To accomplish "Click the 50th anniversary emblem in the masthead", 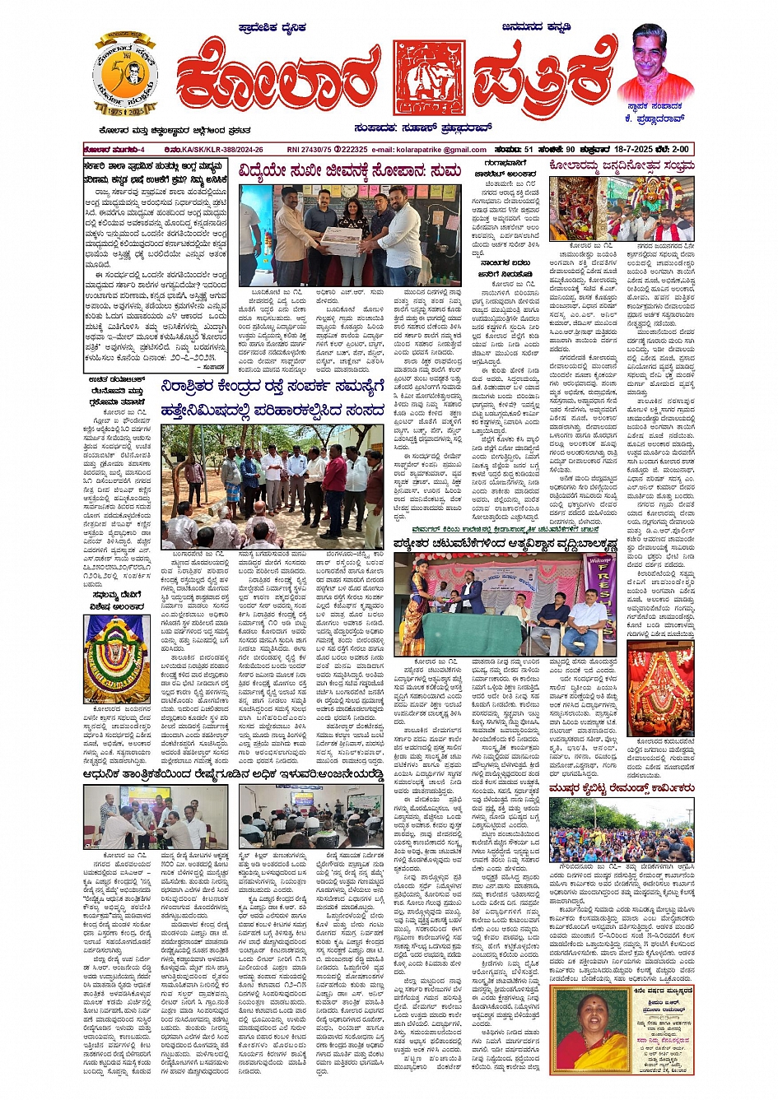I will tap(124, 76).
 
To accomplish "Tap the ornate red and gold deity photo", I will tap(659, 688).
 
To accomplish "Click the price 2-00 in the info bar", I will tap(678, 149).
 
